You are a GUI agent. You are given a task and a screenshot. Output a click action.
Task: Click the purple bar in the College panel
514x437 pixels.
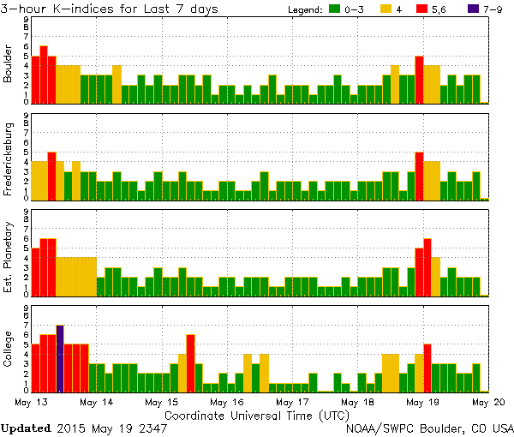(60, 358)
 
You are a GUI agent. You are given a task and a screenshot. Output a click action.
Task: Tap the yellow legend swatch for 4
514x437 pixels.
(387, 9)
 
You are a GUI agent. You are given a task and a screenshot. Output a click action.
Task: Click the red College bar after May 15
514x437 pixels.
(190, 362)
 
